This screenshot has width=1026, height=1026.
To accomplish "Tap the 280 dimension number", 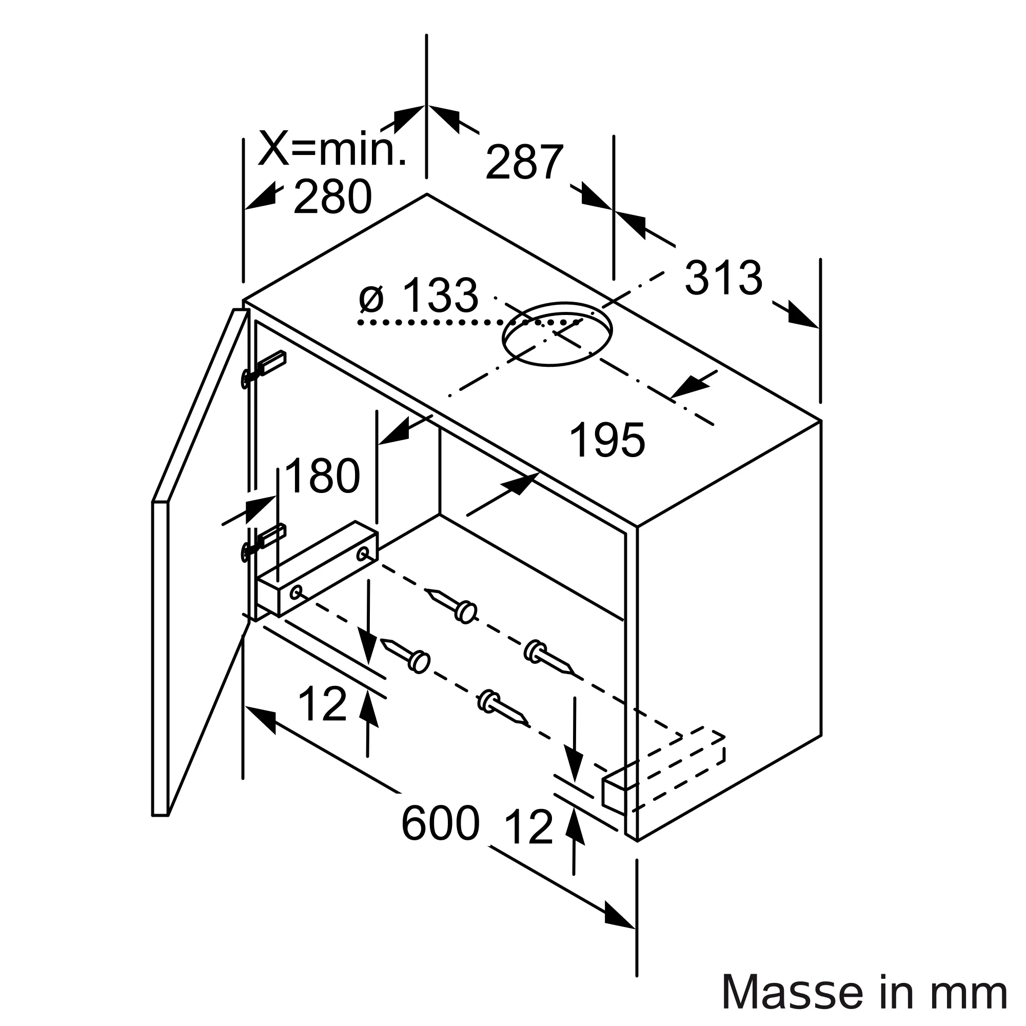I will tap(332, 197).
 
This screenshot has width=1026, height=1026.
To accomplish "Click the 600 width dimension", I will tap(440, 824).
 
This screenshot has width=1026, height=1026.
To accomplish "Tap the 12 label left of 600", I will tap(322, 704).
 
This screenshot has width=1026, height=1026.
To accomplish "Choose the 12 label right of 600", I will tap(528, 827).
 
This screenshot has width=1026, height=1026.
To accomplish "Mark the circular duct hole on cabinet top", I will tap(557, 333).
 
